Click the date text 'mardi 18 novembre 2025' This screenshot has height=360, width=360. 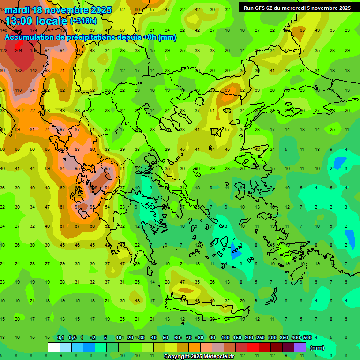[x=58, y=10]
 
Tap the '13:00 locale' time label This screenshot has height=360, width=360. [x=37, y=21]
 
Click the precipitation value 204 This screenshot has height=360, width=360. [x=19, y=51]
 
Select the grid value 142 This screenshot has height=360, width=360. [x=34, y=70]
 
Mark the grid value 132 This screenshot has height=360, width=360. [x=19, y=70]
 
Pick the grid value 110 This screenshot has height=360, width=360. [x=19, y=90]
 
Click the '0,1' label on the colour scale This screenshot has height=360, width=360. [x=60, y=338]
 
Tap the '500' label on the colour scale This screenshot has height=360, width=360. [x=307, y=338]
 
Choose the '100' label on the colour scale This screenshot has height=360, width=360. [x=225, y=338]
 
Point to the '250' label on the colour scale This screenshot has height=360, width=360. [x=261, y=338]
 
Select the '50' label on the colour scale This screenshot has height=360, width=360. [x=165, y=338]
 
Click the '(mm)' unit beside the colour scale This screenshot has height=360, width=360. [x=317, y=348]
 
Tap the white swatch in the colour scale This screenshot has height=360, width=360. [x=54, y=347]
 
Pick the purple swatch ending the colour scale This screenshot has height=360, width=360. [x=300, y=347]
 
